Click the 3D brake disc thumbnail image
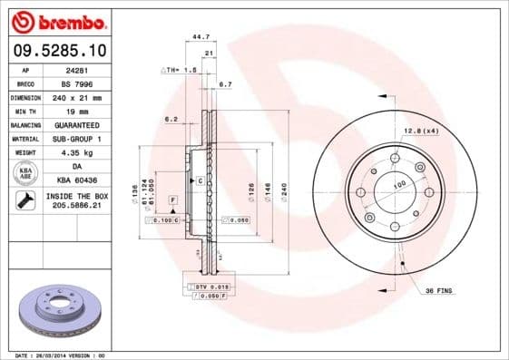[58, 309]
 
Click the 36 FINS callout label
[440, 290]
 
